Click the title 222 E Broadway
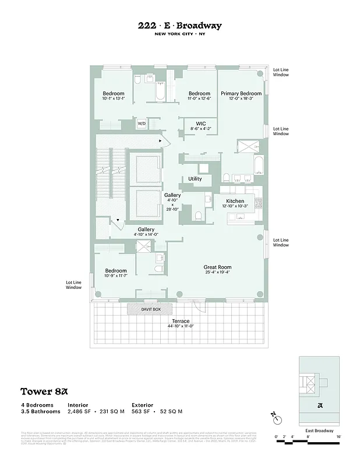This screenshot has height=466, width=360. tap(179, 26)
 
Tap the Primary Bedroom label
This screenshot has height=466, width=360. tap(241, 93)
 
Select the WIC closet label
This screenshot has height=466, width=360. tap(200, 123)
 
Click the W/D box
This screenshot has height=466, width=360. tap(142, 124)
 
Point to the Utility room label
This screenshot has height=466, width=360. tap(195, 179)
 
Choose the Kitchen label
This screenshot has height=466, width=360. tap(235, 201)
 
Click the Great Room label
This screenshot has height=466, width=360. tap(217, 267)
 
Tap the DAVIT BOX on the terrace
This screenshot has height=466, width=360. tap(150, 309)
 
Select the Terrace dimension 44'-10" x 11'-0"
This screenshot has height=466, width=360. tap(181, 327)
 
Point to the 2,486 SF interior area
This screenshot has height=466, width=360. tap(81, 411)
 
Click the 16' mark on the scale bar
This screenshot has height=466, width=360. tap(338, 436)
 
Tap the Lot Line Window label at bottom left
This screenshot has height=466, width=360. tap(73, 284)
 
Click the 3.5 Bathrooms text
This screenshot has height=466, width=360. tap(41, 411)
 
